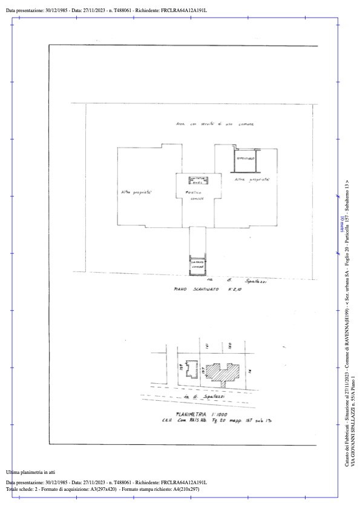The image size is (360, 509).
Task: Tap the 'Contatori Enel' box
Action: pyautogui.click(x=198, y=180)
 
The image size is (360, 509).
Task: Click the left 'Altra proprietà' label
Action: pyautogui.click(x=136, y=193)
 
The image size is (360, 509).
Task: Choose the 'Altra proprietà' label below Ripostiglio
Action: pyautogui.click(x=251, y=180)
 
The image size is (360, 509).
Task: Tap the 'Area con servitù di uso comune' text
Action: pyautogui.click(x=215, y=124)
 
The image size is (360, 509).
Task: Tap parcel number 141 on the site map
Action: pyautogui.click(x=207, y=346)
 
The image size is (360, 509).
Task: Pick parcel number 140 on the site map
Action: pyautogui.click(x=230, y=346)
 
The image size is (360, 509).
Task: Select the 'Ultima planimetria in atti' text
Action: pyautogui.click(x=30, y=472)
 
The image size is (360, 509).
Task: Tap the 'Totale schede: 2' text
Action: pyautogui.click(x=25, y=488)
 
